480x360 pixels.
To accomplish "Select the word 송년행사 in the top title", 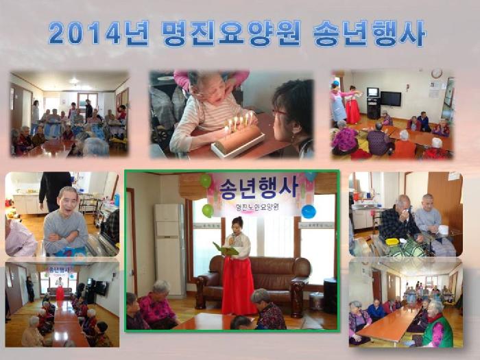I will coord(368,33).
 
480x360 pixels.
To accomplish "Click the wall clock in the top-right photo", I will coord(436,74).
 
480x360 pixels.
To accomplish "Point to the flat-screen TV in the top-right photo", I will coord(391,99).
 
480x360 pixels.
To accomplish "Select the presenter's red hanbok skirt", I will coord(239,285).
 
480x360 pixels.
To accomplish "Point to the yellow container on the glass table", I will coord(392,241).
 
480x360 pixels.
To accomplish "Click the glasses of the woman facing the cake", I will coord(280,112).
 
